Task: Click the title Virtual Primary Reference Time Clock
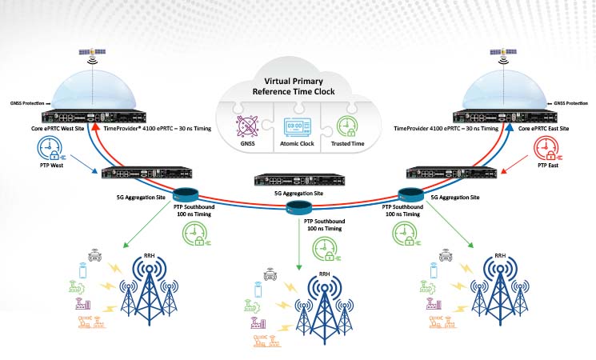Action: [x=298, y=86]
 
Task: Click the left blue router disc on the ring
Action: [x=186, y=195]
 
